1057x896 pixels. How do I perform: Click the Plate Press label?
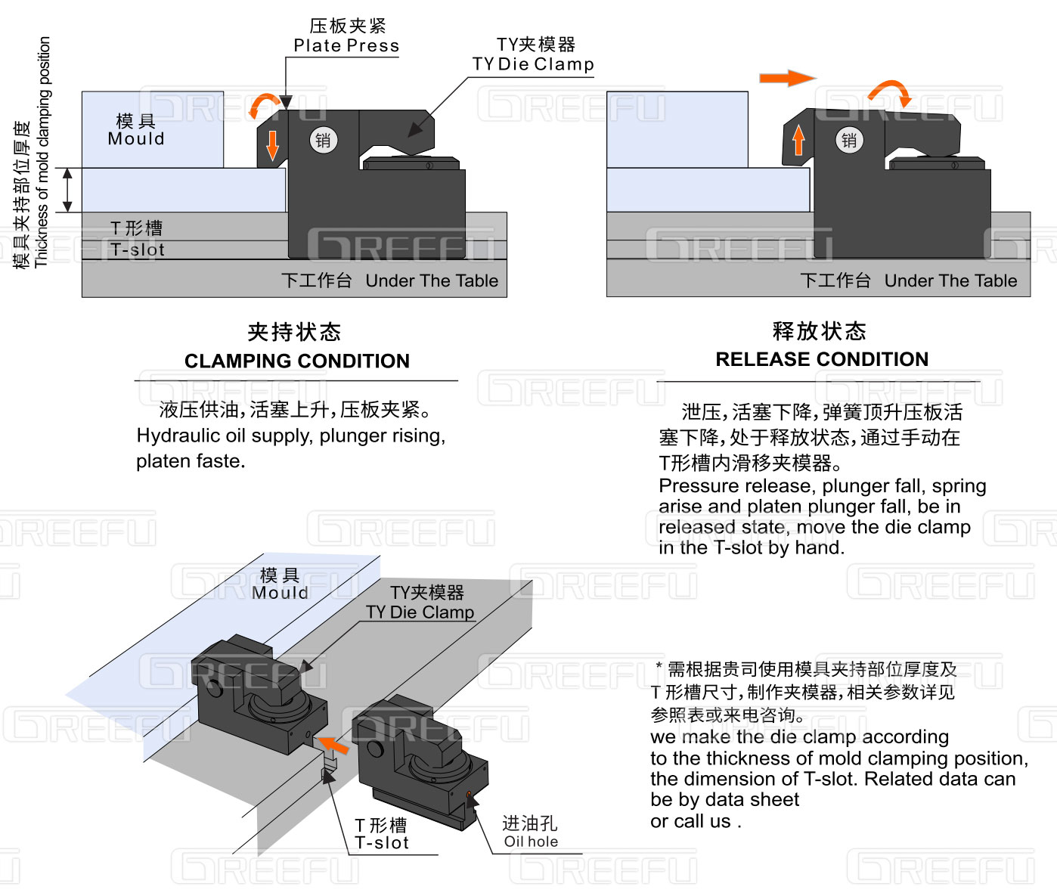pos(346,45)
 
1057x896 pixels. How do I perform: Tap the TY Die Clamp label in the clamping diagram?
pos(533,64)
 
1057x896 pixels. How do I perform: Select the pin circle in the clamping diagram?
pos(323,140)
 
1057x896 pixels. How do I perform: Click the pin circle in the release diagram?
pos(849,140)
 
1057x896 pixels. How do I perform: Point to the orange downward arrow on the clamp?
pos(272,145)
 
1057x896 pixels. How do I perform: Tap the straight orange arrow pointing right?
pos(787,78)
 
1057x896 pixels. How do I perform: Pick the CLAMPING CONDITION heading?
pos(296,361)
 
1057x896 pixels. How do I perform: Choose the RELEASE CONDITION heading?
pos(822,359)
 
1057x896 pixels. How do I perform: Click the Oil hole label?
pos(531,842)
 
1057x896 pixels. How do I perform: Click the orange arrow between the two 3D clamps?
pos(333,744)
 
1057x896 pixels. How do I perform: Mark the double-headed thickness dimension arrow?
pos(68,190)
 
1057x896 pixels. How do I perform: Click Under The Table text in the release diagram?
pos(950,281)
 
